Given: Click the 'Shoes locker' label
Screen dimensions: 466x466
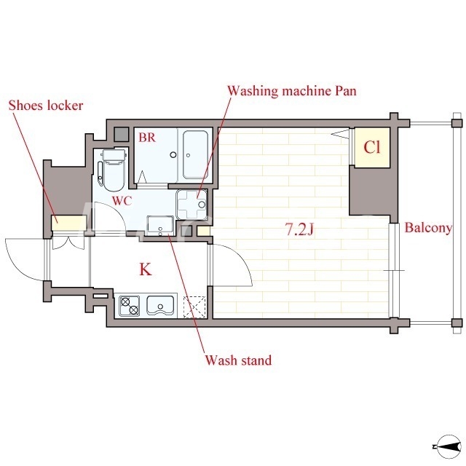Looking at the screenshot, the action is click(46, 106).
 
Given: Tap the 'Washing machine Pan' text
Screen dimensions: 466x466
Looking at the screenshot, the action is click(292, 91).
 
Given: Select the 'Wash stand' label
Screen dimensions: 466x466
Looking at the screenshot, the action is click(238, 360).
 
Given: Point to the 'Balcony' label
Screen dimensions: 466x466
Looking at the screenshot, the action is click(428, 228).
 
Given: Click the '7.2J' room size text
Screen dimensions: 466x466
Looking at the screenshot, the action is click(299, 229).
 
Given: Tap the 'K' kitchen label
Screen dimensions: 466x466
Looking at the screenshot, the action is click(146, 269).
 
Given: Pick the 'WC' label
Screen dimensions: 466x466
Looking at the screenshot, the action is click(122, 201).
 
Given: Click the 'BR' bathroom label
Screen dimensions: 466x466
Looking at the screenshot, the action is click(147, 138).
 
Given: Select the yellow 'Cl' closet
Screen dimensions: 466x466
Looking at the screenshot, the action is click(372, 147).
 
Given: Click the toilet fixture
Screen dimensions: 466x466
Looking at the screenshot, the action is click(111, 170).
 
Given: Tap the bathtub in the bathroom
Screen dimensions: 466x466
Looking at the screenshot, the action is click(195, 155).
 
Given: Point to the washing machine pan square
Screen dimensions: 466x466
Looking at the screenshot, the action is click(191, 205).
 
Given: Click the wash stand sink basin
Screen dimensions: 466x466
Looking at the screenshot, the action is click(160, 226).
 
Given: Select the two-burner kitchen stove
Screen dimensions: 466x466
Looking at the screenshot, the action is click(130, 306).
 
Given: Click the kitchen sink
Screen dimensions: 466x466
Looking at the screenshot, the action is click(160, 306).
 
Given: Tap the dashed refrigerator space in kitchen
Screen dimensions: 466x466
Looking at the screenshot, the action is click(194, 307).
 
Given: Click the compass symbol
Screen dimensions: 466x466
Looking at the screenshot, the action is click(449, 446).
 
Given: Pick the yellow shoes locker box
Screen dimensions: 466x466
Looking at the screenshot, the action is click(69, 223).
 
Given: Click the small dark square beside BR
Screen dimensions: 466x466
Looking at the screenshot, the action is click(122, 135).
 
